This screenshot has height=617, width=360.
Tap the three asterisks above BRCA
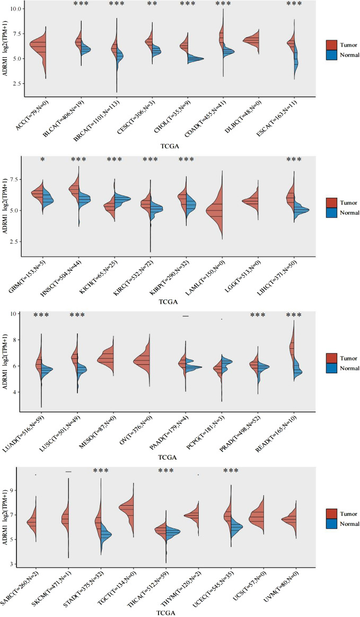pos(117,4)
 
